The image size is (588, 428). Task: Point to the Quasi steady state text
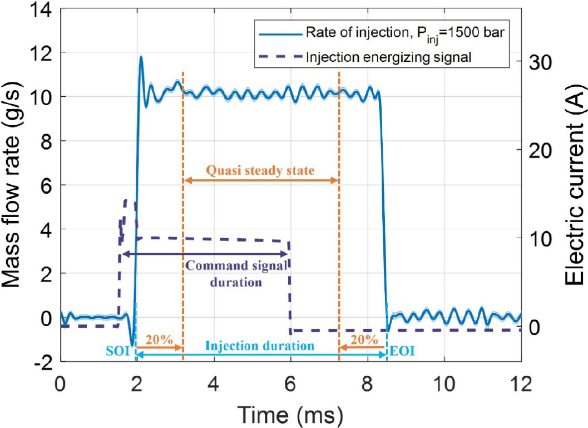(x=260, y=170)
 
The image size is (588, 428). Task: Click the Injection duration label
(x=260, y=346)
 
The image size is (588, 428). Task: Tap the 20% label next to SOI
(x=159, y=338)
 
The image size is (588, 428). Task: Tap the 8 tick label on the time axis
(x=367, y=385)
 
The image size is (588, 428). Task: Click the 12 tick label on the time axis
(x=521, y=385)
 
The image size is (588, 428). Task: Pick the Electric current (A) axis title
(x=574, y=184)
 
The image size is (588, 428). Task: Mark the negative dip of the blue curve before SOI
(x=132, y=344)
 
